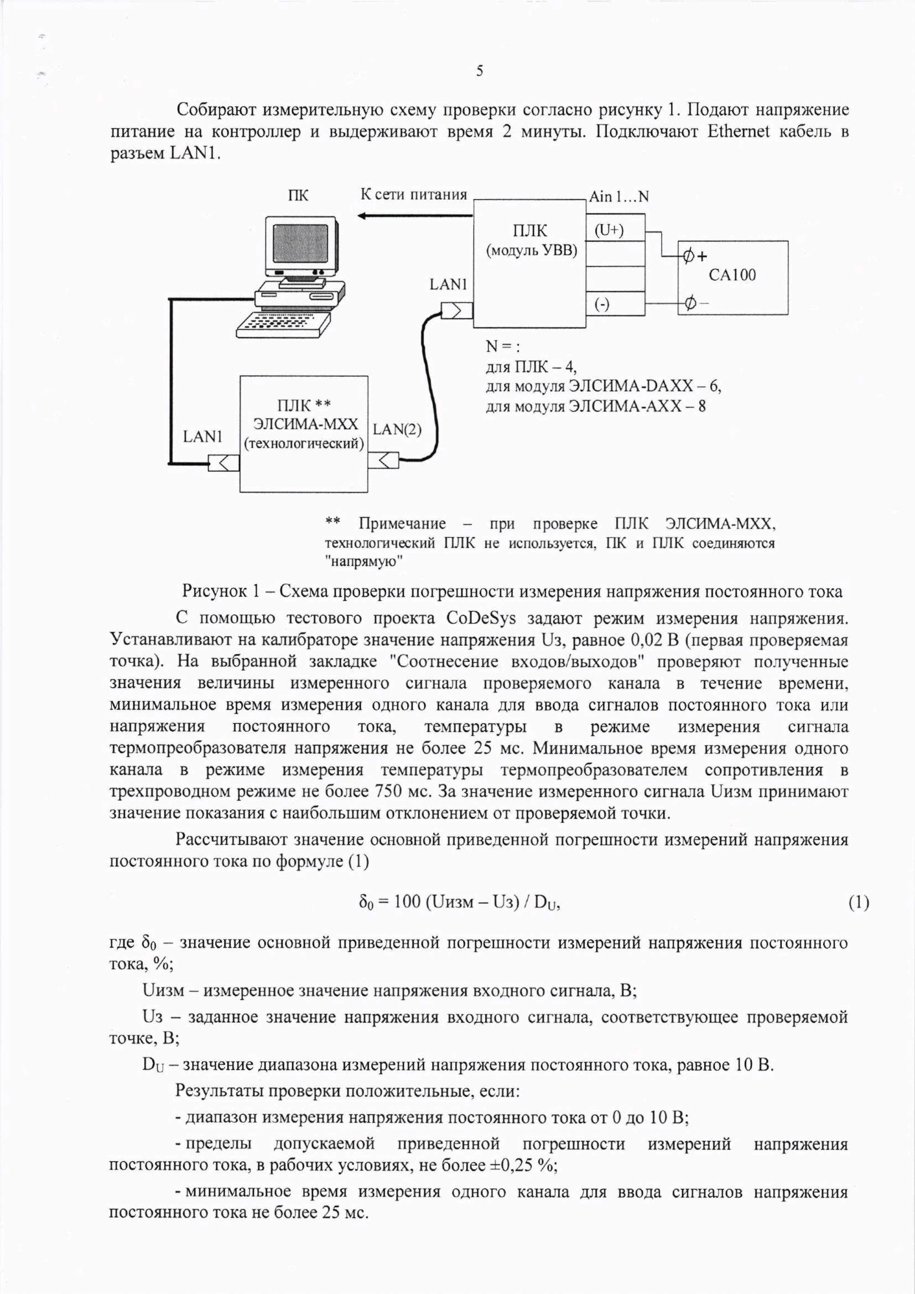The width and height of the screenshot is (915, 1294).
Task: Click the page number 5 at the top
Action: pyautogui.click(x=480, y=71)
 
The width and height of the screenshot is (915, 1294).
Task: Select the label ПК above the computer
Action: pyautogui.click(x=298, y=195)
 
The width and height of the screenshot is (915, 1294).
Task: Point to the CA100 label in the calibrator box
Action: pyautogui.click(x=732, y=275)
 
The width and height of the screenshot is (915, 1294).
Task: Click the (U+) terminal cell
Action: pyautogui.click(x=609, y=230)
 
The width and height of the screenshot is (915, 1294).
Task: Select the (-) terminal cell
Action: pyautogui.click(x=602, y=304)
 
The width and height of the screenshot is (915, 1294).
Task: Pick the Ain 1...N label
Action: pyautogui.click(x=618, y=196)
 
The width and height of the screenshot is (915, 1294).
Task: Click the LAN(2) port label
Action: pyautogui.click(x=397, y=429)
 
